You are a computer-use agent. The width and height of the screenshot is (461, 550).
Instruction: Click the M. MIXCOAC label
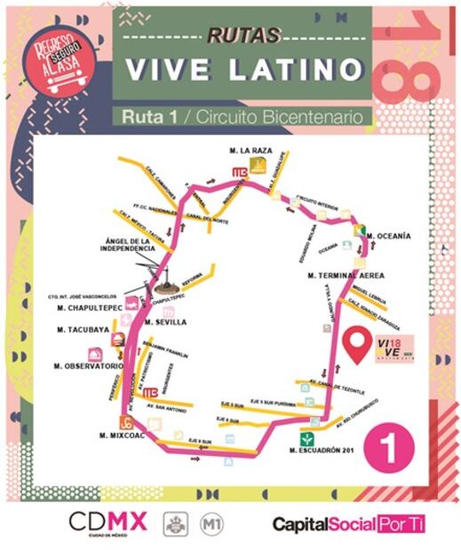click(122, 435)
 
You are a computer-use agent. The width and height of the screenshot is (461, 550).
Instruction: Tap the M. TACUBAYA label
click(83, 329)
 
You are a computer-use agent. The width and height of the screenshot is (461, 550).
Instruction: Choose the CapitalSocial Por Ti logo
click(348, 524)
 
